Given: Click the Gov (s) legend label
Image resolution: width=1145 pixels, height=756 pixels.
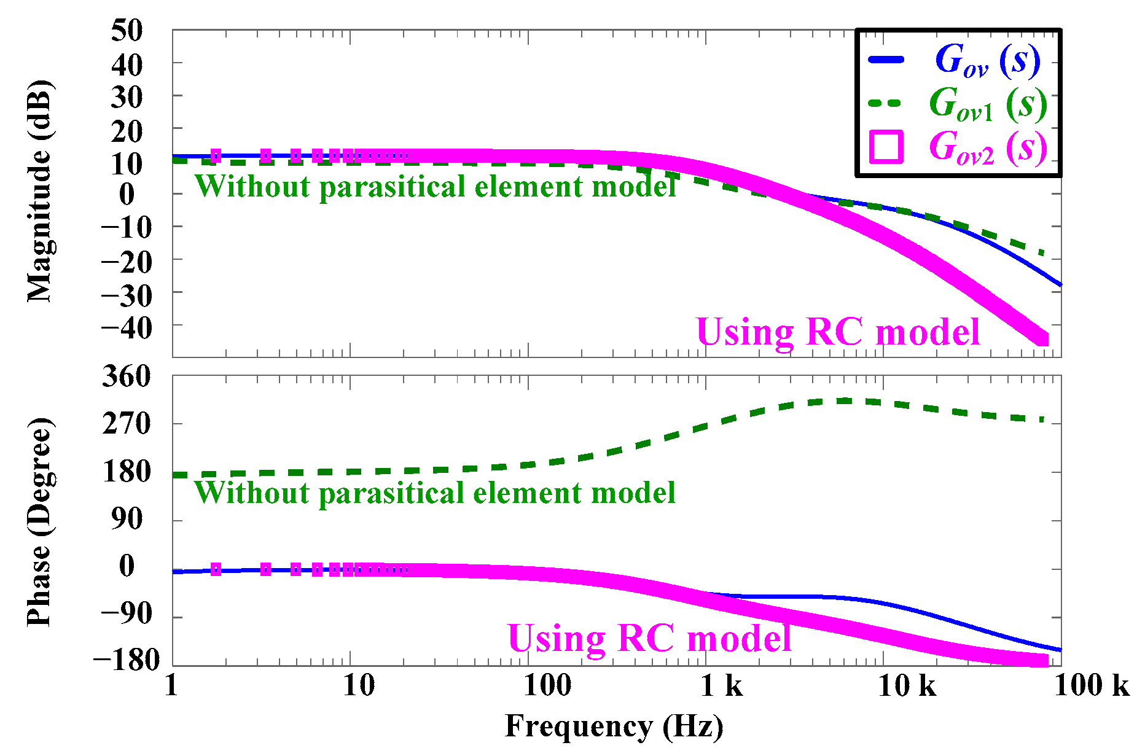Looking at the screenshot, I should [987, 61].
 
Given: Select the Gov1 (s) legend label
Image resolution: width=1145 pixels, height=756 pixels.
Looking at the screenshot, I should [987, 104].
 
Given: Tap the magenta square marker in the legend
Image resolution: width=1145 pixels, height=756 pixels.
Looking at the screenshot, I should [886, 147].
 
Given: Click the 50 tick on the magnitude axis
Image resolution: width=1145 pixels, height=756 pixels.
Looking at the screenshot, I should [127, 30].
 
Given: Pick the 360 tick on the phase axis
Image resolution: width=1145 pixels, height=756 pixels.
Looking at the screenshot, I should [127, 376].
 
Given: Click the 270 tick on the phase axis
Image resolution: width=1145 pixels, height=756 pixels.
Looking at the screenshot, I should [127, 424].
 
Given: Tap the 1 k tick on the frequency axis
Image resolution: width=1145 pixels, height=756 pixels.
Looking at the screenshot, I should [722, 685].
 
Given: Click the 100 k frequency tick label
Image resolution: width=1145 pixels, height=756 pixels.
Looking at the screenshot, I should [1092, 685].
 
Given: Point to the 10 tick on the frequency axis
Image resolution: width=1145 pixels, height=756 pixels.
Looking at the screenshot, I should [358, 685].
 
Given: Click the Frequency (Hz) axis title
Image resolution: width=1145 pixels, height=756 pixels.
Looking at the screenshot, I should [614, 727].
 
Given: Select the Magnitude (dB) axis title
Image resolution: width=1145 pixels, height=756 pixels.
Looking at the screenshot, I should [41, 191].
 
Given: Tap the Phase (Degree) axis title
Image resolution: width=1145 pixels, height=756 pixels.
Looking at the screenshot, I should [41, 522].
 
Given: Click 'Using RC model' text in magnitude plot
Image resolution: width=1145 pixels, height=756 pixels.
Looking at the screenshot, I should [838, 332].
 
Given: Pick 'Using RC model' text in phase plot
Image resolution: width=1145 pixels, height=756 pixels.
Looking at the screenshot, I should [649, 638].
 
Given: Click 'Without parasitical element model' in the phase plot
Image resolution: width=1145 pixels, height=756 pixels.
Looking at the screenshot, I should [435, 493].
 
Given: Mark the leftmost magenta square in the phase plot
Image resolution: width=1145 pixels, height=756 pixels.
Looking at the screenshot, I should [216, 569].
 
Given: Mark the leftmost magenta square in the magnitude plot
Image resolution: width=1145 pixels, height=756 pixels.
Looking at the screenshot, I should [216, 155].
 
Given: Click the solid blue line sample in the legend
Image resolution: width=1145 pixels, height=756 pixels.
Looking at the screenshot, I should [886, 60].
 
